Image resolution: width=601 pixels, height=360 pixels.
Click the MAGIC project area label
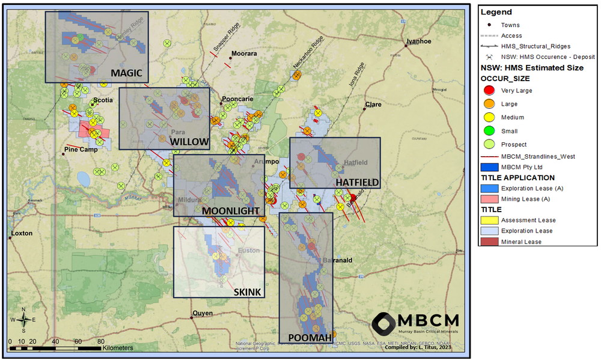coord(126,73)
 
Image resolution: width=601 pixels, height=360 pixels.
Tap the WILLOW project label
coord(189,142)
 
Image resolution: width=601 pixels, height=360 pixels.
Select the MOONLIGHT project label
coord(231,211)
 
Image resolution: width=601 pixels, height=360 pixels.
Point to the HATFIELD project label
coord(357,182)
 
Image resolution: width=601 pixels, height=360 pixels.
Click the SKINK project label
coord(248,292)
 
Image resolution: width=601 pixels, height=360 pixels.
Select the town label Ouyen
coord(203,313)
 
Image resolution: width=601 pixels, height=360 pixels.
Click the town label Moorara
coord(244,53)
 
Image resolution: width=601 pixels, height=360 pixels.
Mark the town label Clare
coord(373,105)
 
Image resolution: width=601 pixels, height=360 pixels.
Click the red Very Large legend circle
coord(489,91)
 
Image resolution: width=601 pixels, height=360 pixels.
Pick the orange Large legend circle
coord(489,104)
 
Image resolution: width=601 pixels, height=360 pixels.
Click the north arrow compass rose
coord(23,320)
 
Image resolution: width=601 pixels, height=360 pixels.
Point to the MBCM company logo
coord(415,324)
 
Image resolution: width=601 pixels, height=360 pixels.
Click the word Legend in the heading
coord(496,12)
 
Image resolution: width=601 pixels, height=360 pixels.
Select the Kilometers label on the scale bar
coord(118,347)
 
